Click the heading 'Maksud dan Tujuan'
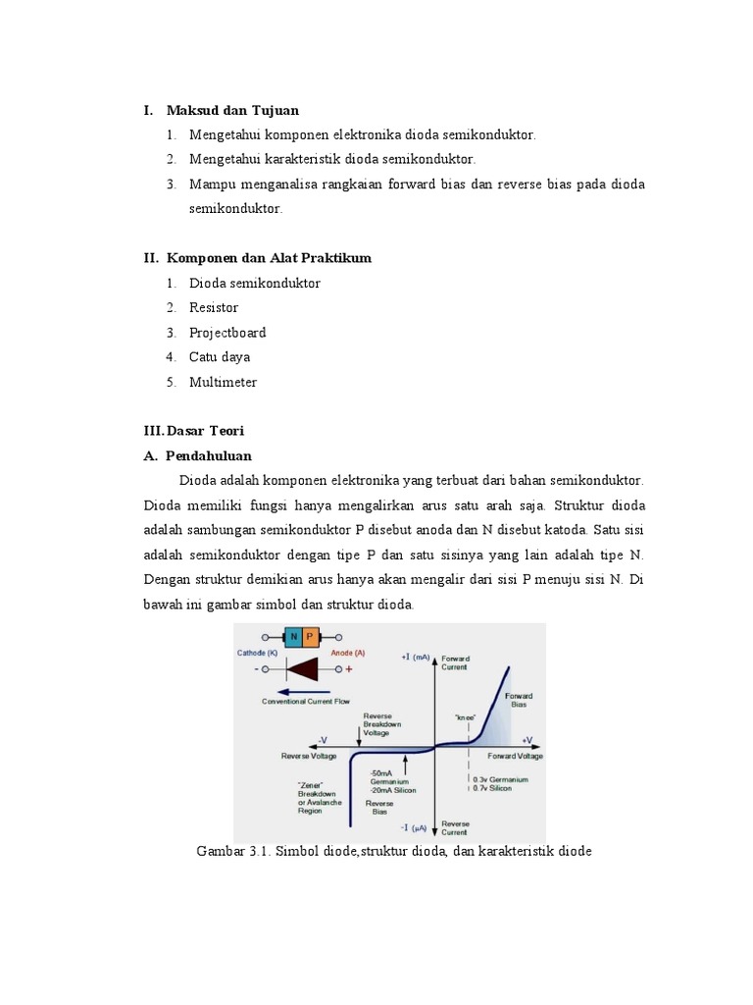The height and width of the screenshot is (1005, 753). [x=232, y=110]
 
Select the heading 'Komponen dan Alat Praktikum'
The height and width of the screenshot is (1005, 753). [x=269, y=258]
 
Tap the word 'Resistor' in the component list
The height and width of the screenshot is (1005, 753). [x=214, y=307]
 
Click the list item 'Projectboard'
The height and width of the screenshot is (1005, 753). [x=227, y=333]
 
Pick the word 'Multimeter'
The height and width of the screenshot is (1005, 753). [x=223, y=382]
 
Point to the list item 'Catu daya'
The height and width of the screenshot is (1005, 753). [x=220, y=357]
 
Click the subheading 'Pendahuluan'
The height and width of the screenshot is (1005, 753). [x=209, y=455]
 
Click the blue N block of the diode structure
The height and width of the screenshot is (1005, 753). [x=293, y=636]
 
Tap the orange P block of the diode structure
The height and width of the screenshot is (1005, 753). [x=311, y=636]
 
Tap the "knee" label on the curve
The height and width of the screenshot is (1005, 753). [x=465, y=718]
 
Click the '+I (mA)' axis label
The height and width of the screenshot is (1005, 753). [x=417, y=657]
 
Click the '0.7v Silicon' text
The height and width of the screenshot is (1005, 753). [x=493, y=788]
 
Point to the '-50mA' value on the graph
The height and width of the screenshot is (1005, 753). [x=382, y=772]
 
